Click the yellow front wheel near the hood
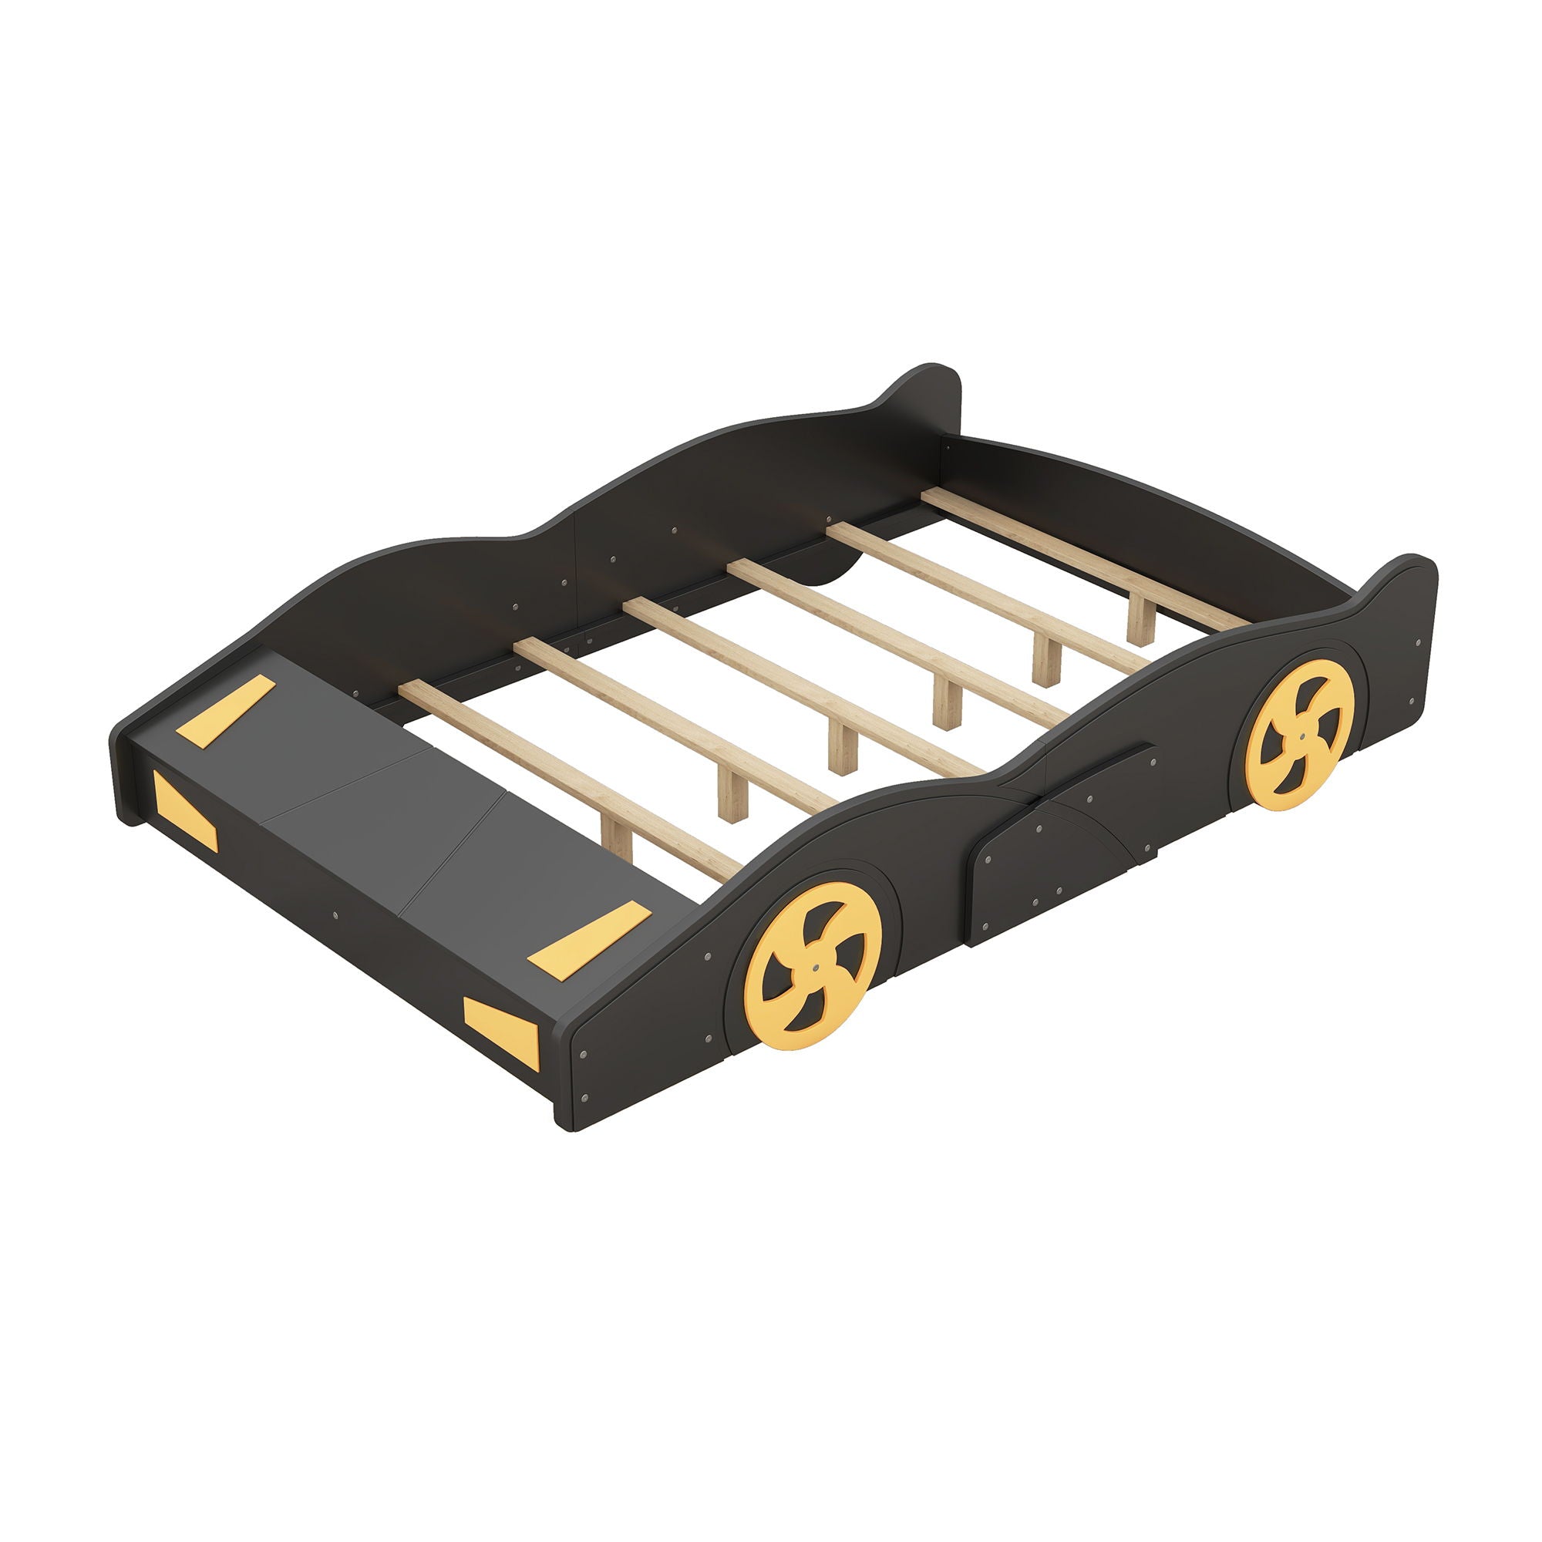pyautogui.click(x=813, y=965)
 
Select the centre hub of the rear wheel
pyautogui.click(x=1301, y=735)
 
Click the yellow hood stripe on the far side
pyautogui.click(x=226, y=710)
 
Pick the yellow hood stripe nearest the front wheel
pyautogui.click(x=589, y=938)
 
